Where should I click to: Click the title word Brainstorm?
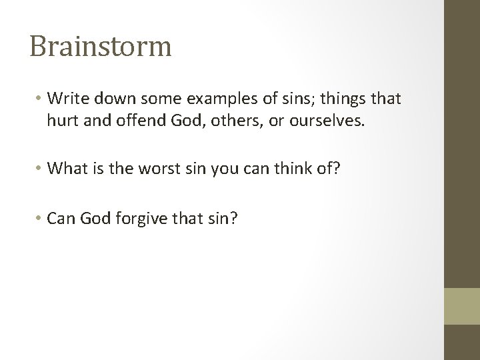click(101, 46)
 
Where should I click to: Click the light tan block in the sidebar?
click(462, 305)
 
